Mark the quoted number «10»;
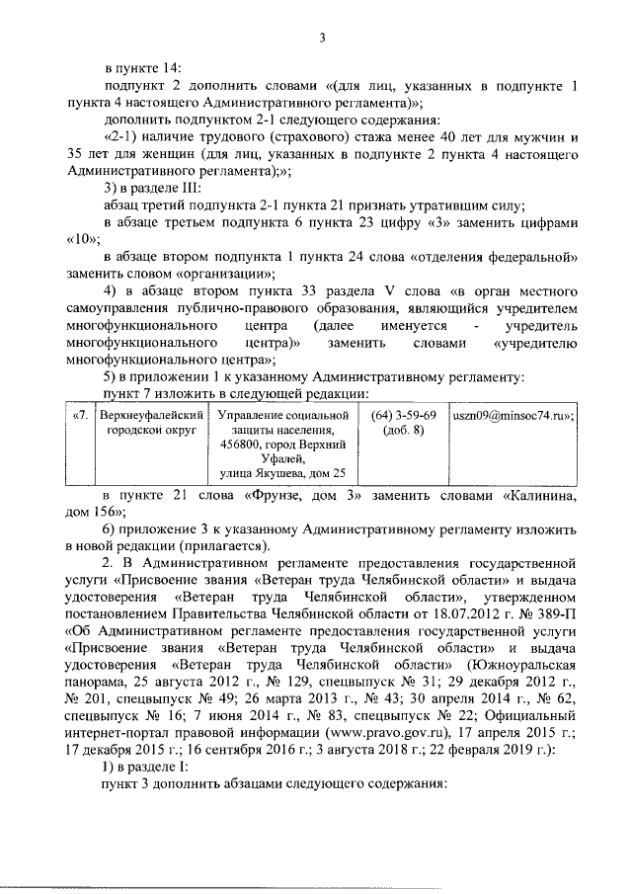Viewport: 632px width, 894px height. [x=85, y=239]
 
